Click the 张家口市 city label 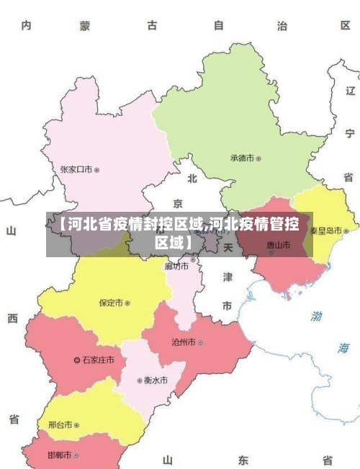pos(76,170)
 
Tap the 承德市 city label pos(243,158)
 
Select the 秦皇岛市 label pos(325,231)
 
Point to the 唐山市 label pos(279,245)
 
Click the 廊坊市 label pos(176,266)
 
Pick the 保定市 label pos(111,303)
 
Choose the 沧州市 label pos(183,342)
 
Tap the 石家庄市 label pos(98,359)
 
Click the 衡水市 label pos(156,380)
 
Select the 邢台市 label pos(60,425)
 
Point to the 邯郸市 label pos(59,455)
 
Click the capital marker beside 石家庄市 pos(78,359)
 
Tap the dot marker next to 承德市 pos(259,158)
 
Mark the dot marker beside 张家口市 pos(97,170)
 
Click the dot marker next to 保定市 pos(127,303)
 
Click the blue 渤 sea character pos(316,316)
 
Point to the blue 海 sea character pos(343,348)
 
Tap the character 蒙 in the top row pos(85,26)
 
